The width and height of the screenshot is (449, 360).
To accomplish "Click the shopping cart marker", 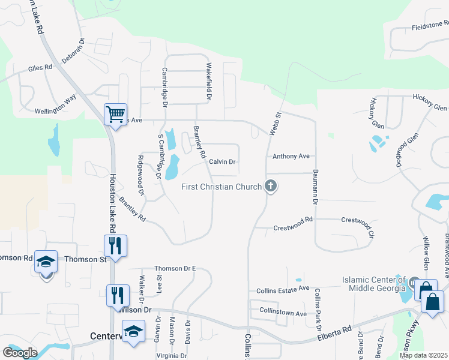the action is click(x=115, y=113).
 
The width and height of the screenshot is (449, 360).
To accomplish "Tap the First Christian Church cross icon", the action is click(x=271, y=186).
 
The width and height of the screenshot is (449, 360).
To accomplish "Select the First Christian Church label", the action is click(x=221, y=187).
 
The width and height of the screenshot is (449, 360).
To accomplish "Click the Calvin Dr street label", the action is click(x=222, y=162).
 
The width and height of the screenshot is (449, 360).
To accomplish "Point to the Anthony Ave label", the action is click(x=291, y=156).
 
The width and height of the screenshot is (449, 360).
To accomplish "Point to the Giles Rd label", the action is click(x=40, y=69).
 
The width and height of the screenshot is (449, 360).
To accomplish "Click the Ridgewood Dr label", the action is click(x=141, y=175).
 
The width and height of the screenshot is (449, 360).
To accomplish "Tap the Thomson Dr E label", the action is click(x=175, y=269).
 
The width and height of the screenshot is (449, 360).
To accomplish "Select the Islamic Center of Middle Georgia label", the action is click(x=373, y=284).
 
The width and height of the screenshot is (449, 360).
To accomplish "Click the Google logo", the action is click(x=20, y=353).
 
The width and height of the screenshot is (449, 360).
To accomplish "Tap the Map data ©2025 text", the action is click(x=423, y=355).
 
